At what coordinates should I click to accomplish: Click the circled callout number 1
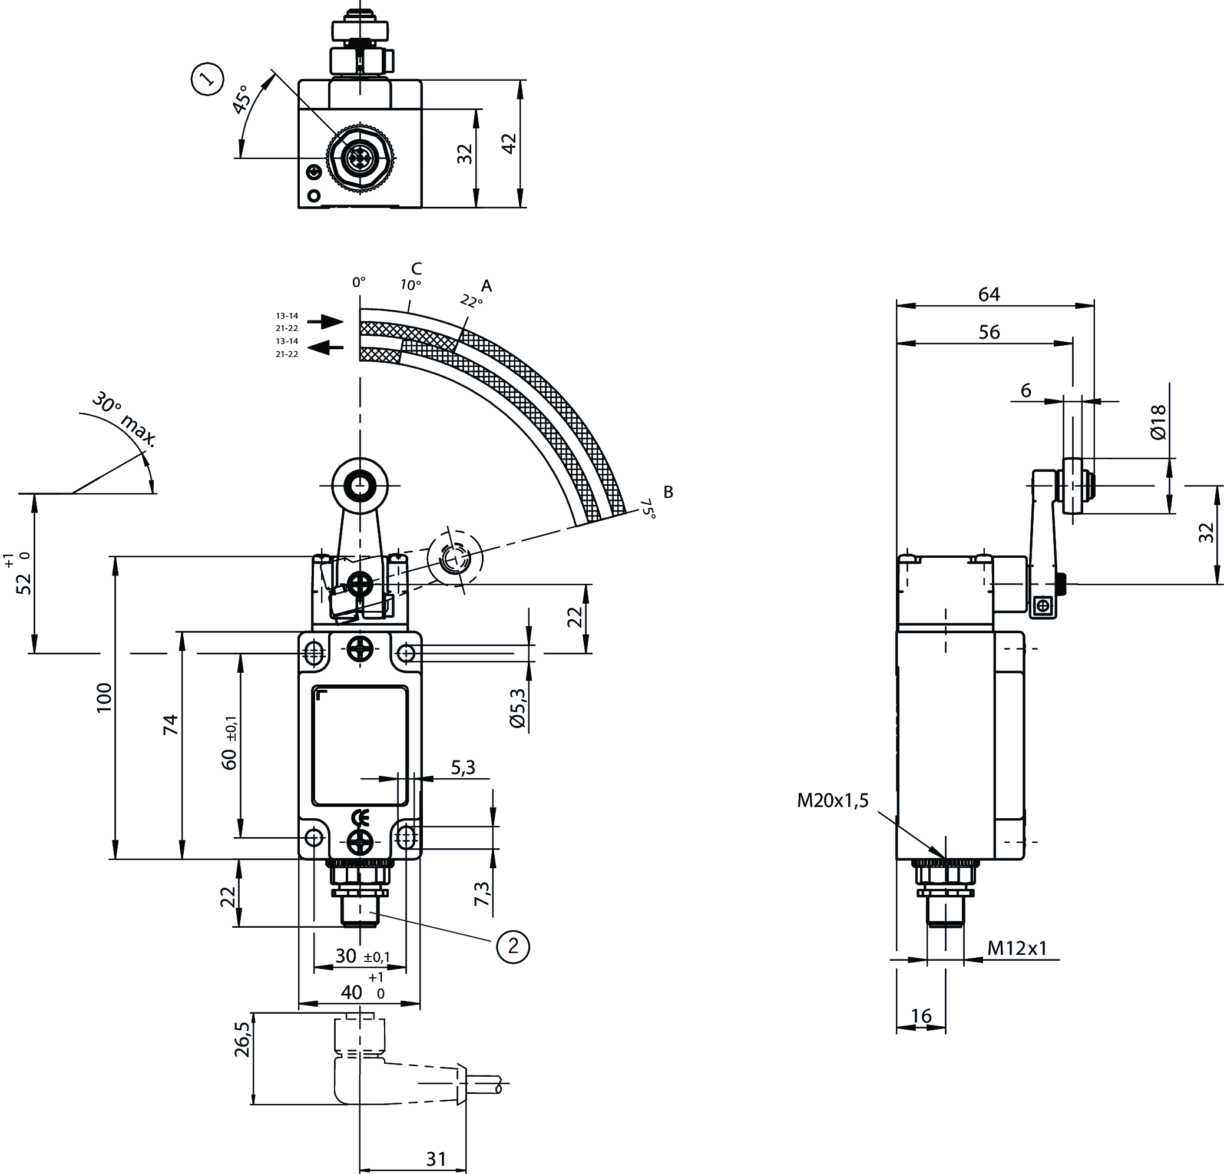coord(207,79)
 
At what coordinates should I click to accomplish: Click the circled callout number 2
coord(512,946)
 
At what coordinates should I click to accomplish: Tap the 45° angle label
coord(242,101)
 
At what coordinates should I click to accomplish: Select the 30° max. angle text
coord(124,420)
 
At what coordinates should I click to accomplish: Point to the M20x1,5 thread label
coord(832,800)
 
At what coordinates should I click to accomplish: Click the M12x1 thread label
coord(1017,948)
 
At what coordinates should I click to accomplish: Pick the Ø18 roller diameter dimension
coord(1157,422)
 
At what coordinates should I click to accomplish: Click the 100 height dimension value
coord(104,697)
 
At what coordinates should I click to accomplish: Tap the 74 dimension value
coord(170,725)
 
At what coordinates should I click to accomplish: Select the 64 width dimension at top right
coord(989,294)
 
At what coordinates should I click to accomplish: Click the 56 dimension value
coord(989,332)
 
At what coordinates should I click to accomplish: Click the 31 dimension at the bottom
coord(436,1159)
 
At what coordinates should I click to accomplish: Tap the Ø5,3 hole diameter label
coord(518,707)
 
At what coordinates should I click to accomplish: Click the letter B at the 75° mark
coord(668,492)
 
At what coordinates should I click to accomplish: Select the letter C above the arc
coord(416,269)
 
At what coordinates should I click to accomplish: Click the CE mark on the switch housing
coord(360,818)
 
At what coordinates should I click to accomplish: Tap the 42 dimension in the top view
coord(510,143)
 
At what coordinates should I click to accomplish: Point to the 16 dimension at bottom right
coord(921,1016)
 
